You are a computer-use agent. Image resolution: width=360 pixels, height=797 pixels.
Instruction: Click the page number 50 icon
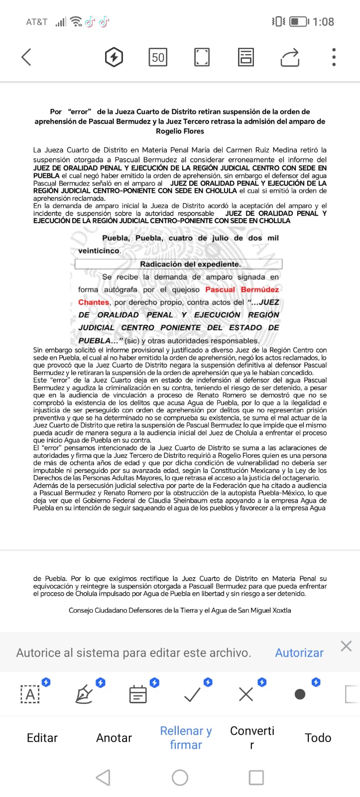point(158,57)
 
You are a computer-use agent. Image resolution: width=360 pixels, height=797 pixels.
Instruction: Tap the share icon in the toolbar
point(290,57)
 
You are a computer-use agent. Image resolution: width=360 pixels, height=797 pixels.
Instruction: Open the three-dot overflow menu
point(334,57)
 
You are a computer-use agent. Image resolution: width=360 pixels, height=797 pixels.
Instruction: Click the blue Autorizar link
point(299,653)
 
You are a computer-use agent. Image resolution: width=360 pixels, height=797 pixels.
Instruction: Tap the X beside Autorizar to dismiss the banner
point(346,646)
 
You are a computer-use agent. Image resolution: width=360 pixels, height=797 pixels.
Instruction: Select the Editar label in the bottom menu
point(42,738)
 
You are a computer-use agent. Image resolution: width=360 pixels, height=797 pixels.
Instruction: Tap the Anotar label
point(114,738)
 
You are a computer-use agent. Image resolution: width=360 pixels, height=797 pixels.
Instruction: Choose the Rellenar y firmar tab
point(186,738)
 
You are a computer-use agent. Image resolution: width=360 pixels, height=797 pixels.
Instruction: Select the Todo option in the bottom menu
point(318,738)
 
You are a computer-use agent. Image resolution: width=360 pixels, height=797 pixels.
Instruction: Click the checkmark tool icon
point(192,694)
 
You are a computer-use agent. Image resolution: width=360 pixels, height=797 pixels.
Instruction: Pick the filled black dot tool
point(300,694)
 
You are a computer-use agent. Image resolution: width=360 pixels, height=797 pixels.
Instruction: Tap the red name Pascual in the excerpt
point(220,289)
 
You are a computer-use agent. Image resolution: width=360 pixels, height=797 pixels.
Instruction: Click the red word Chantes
point(94,302)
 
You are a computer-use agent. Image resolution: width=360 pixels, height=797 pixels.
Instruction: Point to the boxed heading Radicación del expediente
point(190,264)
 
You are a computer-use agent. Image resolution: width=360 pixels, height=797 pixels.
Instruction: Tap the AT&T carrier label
point(36,22)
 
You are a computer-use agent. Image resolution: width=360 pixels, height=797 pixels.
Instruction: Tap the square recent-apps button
point(256,777)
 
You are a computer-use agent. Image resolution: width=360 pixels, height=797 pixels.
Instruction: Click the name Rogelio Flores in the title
point(180,131)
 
